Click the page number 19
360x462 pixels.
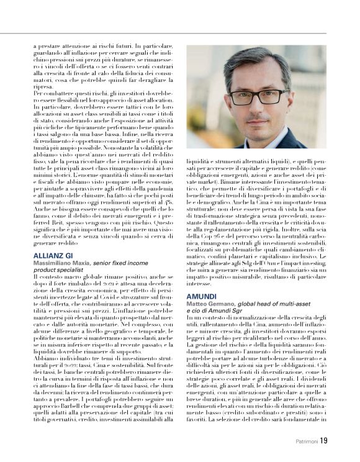(324, 442)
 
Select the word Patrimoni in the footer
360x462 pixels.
(304, 442)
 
